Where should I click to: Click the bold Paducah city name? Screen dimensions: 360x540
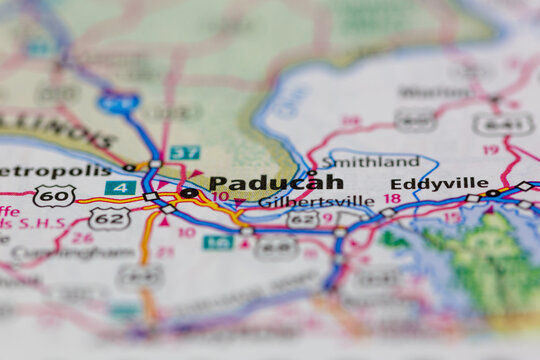[x=276, y=183]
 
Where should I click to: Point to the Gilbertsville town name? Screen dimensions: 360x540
[x=316, y=201]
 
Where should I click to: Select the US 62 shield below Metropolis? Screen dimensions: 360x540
[x=109, y=217]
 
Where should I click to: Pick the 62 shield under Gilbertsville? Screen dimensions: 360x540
[x=303, y=219]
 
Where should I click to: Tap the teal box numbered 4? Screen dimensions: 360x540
[x=120, y=188]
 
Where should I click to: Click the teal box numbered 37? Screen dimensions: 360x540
[x=184, y=153]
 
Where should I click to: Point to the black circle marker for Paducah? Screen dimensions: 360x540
[x=188, y=193]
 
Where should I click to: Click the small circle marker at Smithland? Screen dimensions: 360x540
[x=312, y=172]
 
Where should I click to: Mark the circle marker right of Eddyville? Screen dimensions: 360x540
[x=492, y=193]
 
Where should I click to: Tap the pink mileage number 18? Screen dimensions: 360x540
[x=392, y=199]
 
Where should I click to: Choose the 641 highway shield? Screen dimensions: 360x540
[x=502, y=124]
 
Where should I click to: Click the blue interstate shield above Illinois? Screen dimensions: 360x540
[x=119, y=101]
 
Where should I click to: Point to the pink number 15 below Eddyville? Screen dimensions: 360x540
[x=452, y=216]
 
